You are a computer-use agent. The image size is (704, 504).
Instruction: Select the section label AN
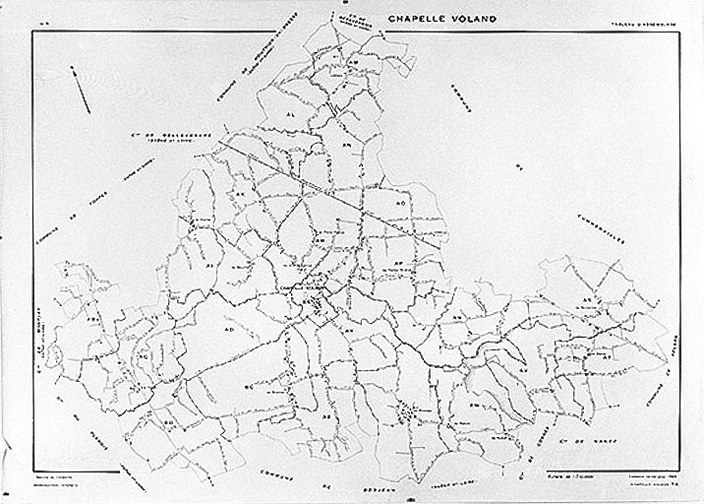[346, 144]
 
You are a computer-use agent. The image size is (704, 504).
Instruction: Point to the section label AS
[586, 298]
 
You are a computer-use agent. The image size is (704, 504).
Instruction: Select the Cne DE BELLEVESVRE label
[164, 139]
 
